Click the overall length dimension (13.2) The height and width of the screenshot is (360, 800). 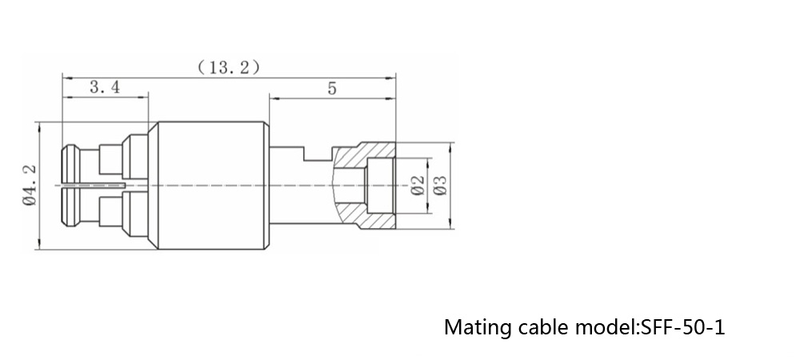tap(229, 68)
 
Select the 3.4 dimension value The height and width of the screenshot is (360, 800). tap(105, 89)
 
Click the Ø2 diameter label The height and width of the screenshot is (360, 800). tap(416, 186)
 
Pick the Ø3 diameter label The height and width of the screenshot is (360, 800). tap(439, 186)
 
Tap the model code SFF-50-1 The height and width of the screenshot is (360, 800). tap(682, 328)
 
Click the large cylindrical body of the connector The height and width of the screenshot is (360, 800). tap(209, 186)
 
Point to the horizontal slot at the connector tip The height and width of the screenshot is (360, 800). tap(92, 186)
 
